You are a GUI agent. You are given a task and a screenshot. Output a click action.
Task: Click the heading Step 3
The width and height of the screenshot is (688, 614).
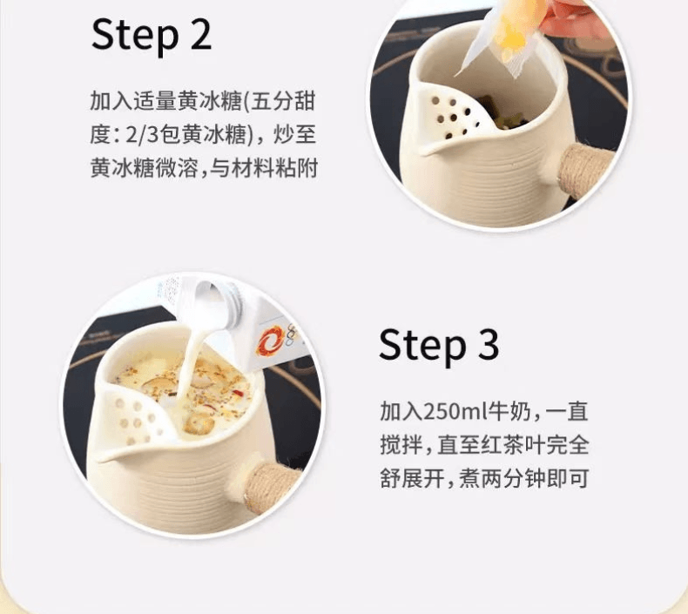coord(439,345)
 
